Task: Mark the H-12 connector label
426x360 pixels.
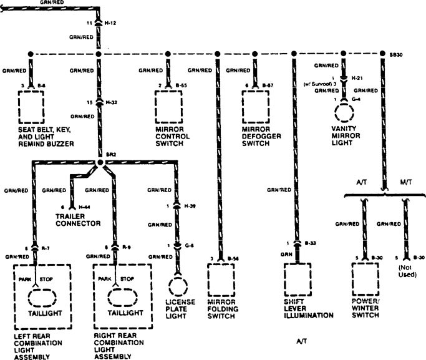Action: [x=111, y=22]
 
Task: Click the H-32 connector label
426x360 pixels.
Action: [x=110, y=102]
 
